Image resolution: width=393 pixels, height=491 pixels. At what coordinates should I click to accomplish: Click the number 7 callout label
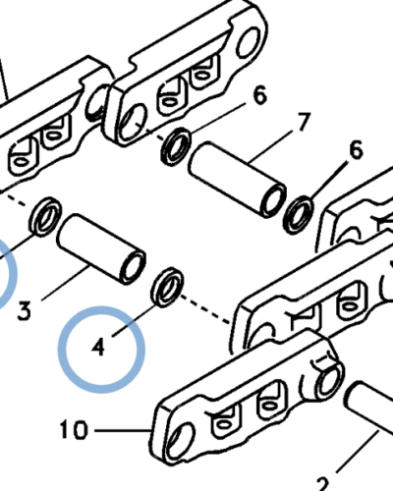[x=303, y=122]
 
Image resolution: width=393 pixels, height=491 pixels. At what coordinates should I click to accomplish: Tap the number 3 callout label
[x=24, y=310]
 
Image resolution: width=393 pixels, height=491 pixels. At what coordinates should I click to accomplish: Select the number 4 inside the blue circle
[x=98, y=348]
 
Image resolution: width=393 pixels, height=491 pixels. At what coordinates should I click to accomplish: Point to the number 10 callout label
[x=74, y=429]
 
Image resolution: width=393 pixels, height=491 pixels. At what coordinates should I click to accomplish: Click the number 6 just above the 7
[x=260, y=95]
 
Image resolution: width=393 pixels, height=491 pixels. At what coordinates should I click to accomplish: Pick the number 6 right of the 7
[x=356, y=150]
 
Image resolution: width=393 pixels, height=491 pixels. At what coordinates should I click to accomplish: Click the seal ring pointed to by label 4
[x=167, y=287]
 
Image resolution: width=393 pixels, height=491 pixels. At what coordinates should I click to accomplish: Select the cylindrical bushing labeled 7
[x=238, y=180]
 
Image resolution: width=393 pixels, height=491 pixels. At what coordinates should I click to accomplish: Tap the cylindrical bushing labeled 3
[x=101, y=249]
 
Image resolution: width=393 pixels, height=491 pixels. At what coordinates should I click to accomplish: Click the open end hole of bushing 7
[x=274, y=200]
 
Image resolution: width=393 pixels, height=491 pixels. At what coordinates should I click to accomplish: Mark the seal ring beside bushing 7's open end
[x=299, y=215]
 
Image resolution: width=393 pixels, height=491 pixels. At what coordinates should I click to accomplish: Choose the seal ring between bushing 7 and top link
[x=176, y=146]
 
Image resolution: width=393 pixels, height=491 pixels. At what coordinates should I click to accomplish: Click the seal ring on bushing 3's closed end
[x=45, y=216]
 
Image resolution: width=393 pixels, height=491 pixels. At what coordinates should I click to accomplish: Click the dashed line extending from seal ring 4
[x=204, y=309]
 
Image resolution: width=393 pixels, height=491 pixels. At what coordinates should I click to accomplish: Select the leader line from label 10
[x=123, y=430]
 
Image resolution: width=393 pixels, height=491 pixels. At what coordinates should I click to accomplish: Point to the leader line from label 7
[x=271, y=146]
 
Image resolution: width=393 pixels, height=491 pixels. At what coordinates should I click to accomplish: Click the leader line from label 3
[x=67, y=282]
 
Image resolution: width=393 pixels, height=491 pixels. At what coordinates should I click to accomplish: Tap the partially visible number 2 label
[x=322, y=484]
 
